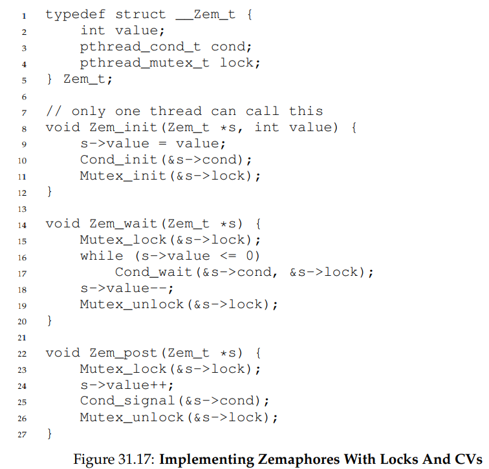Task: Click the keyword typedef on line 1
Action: coord(71,14)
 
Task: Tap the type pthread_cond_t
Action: coord(141,47)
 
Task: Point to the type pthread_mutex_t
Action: coord(145,63)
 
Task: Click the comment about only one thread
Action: coord(184,111)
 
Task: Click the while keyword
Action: coord(102,256)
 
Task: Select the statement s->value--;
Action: coord(127,288)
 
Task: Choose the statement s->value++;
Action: coord(127,385)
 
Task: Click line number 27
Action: coord(22,434)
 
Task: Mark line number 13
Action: coord(22,208)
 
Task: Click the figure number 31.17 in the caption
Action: coord(133,459)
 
